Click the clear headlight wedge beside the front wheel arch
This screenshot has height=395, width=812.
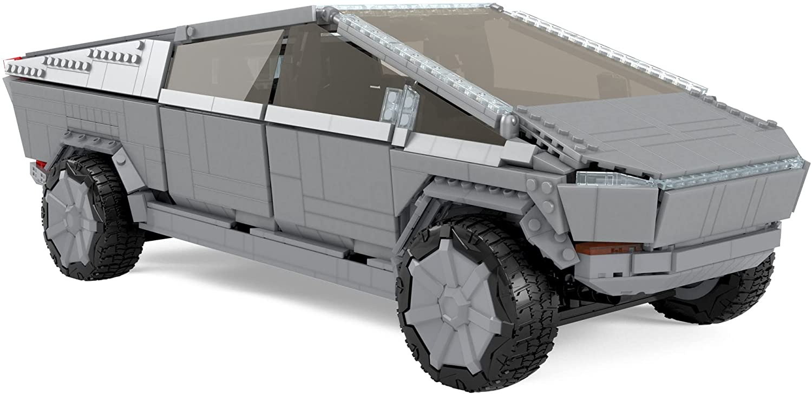pos(617,179)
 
